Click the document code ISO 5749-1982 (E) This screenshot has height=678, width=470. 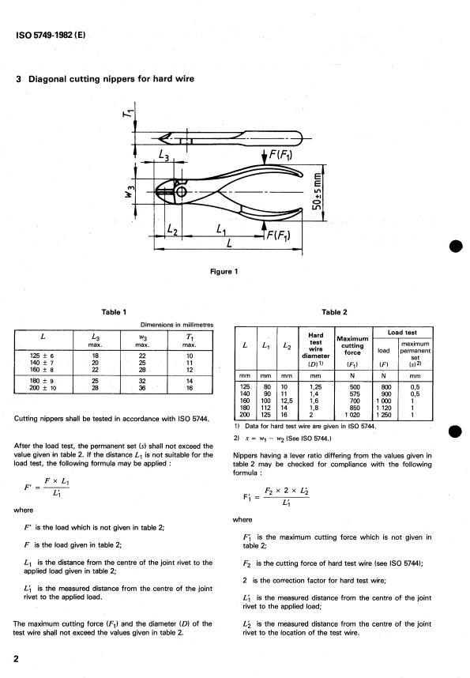(x=51, y=35)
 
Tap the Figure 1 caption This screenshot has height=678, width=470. (x=224, y=272)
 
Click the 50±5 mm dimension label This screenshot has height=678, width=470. (x=318, y=191)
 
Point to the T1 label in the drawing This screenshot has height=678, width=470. (x=127, y=113)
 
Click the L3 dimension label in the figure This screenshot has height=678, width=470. (x=164, y=155)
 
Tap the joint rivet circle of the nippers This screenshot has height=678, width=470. (x=181, y=191)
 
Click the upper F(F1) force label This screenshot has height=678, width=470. (x=280, y=154)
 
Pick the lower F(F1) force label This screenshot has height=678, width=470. (x=277, y=235)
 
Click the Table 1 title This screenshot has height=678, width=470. (x=115, y=312)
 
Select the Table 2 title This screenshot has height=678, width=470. (x=334, y=312)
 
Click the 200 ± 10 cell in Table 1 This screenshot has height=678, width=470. (x=43, y=388)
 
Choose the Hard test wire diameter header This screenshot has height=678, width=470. (x=316, y=349)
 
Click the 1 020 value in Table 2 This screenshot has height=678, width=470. (x=353, y=415)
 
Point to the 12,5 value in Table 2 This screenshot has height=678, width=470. (x=287, y=401)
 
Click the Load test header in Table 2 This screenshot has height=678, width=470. (x=402, y=333)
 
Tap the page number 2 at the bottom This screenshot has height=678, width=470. (x=16, y=659)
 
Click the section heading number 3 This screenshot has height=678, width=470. (x=19, y=79)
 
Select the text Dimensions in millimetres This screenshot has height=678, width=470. (x=177, y=325)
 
